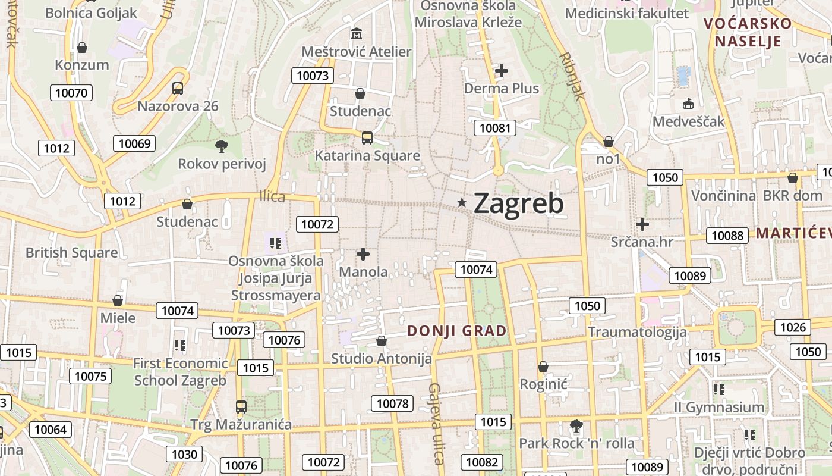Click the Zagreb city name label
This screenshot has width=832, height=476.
pyautogui.click(x=519, y=203)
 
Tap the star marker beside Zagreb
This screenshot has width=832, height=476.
pyautogui.click(x=462, y=203)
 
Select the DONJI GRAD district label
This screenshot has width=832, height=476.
pyautogui.click(x=457, y=331)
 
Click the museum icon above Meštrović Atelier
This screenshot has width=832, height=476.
pyautogui.click(x=357, y=33)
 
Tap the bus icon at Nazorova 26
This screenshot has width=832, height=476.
pyautogui.click(x=177, y=89)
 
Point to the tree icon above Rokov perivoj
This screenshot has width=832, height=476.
pyautogui.click(x=222, y=146)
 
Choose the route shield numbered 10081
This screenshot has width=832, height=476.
pyautogui.click(x=495, y=128)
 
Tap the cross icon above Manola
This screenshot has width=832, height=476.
pyautogui.click(x=363, y=254)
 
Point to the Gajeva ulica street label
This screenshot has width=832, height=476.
pyautogui.click(x=436, y=424)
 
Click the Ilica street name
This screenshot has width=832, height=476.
pyautogui.click(x=272, y=196)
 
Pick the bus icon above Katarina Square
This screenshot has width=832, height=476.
pyautogui.click(x=367, y=138)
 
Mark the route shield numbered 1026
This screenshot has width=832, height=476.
pyautogui.click(x=793, y=327)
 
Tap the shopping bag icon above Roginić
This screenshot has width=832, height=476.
pyautogui.click(x=543, y=367)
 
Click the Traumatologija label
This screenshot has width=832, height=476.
pyautogui.click(x=637, y=332)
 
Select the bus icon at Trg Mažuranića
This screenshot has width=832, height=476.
pyautogui.click(x=241, y=407)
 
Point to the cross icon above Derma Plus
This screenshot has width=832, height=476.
pyautogui.click(x=502, y=71)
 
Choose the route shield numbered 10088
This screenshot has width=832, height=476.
pyautogui.click(x=727, y=236)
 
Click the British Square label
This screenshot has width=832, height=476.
pyautogui.click(x=71, y=252)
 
